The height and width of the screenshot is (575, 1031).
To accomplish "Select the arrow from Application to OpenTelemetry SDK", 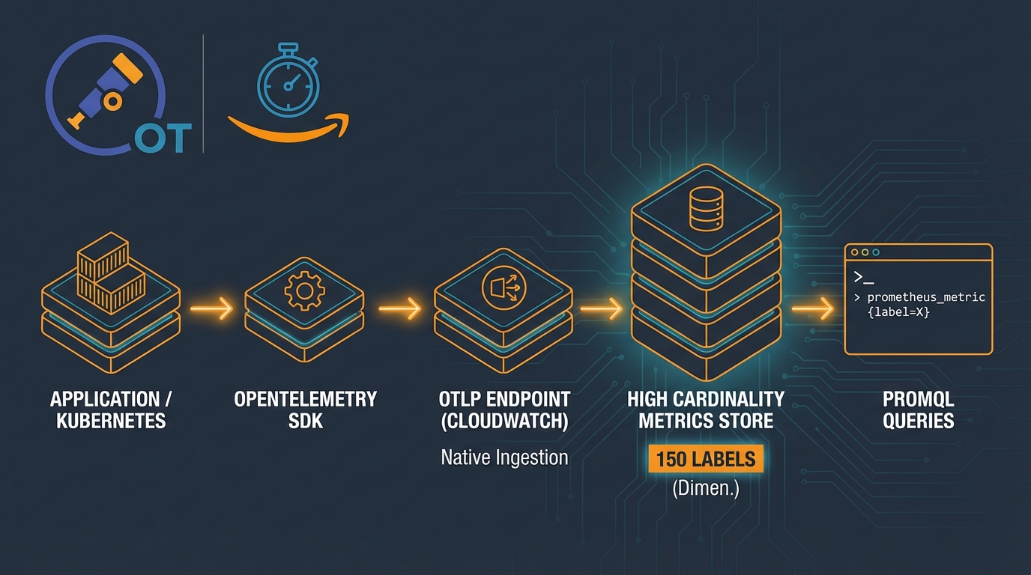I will pyautogui.click(x=212, y=308).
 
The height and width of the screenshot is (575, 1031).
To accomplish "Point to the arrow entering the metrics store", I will pyautogui.click(x=602, y=308).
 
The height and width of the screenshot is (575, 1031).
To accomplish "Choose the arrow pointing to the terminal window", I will pyautogui.click(x=813, y=308).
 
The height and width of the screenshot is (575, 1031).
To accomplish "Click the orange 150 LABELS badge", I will pyautogui.click(x=705, y=459).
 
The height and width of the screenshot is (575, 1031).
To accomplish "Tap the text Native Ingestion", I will pyautogui.click(x=504, y=457).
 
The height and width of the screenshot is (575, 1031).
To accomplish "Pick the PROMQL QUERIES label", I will pyautogui.click(x=918, y=410).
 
